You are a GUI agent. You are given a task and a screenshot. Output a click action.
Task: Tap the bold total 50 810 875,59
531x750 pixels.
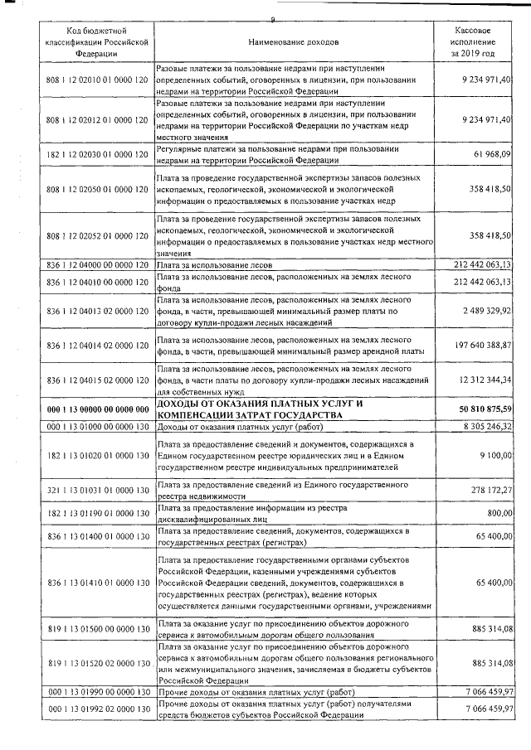[479, 409]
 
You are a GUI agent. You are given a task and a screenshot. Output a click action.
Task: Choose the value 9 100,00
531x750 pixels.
[494, 456]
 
